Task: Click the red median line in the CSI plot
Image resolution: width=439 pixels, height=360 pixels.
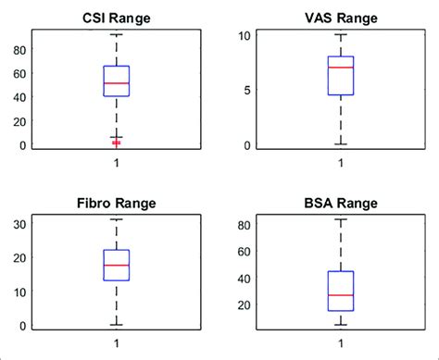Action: [117, 83]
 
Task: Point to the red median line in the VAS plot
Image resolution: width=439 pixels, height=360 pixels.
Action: [340, 68]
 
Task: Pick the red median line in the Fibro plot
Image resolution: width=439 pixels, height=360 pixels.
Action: [117, 266]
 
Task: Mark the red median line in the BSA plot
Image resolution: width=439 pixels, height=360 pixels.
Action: [340, 295]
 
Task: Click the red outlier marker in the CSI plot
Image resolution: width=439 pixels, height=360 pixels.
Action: [117, 143]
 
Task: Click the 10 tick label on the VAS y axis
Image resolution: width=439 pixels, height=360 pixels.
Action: [244, 35]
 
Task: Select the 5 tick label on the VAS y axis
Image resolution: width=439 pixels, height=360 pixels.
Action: [246, 91]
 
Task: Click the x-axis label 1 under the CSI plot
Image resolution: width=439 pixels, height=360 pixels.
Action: [117, 163]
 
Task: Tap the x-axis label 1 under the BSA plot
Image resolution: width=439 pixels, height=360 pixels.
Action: [340, 344]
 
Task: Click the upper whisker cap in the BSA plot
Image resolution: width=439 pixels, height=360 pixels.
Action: [340, 219]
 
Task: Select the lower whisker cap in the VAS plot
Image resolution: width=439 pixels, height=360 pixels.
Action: [340, 144]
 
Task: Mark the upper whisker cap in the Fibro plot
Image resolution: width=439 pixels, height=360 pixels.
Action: [117, 219]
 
